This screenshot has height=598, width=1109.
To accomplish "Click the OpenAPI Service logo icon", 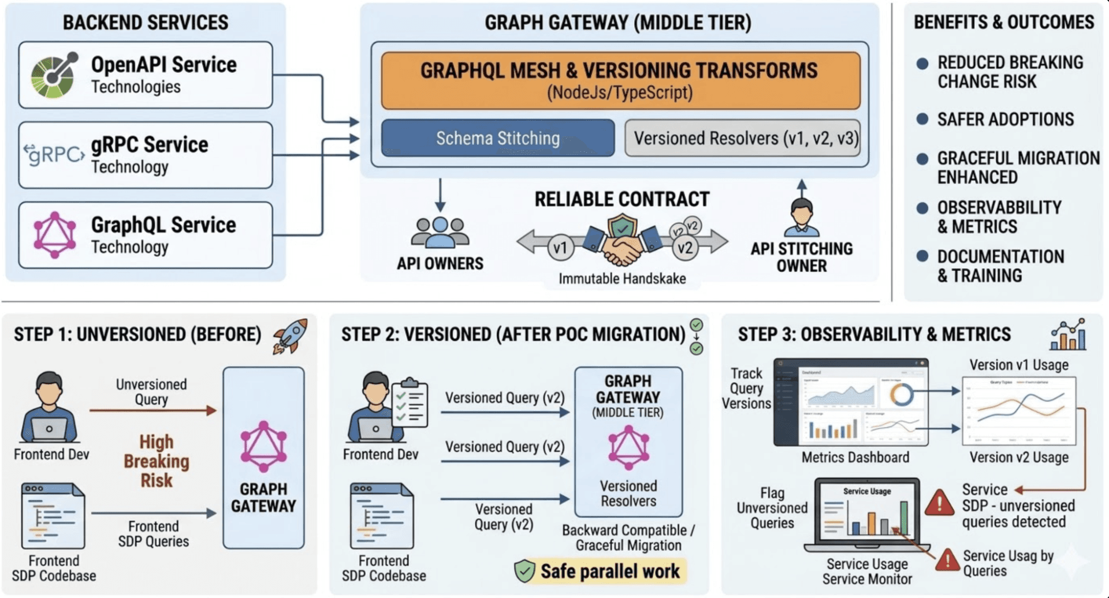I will tap(54, 75).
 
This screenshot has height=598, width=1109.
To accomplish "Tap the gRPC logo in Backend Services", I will tap(54, 155).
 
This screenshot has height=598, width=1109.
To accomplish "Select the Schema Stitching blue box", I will tap(497, 139).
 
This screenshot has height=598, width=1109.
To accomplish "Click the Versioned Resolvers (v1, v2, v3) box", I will tap(743, 139).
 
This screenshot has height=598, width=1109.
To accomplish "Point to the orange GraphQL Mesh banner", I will tap(620, 80).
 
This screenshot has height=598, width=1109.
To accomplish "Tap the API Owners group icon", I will tap(440, 233).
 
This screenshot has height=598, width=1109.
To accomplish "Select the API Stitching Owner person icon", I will tap(802, 218).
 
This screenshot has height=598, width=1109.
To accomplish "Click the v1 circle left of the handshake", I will tap(560, 248).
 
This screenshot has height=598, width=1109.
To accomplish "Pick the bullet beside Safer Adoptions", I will tap(922, 119).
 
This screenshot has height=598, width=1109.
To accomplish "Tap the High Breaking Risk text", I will tap(156, 461).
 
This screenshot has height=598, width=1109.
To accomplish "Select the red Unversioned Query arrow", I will tap(153, 410).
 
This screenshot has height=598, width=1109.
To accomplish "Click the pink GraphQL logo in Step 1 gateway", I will tap(263, 447).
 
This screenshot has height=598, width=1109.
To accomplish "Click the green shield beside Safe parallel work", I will tap(524, 571).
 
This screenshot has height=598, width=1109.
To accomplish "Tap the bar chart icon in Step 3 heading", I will tap(1068, 334).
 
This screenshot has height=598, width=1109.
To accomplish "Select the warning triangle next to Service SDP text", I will tap(939, 503).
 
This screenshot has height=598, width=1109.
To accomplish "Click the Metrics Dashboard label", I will tap(855, 458).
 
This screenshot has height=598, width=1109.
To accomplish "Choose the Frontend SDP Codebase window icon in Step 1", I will tap(53, 516).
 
